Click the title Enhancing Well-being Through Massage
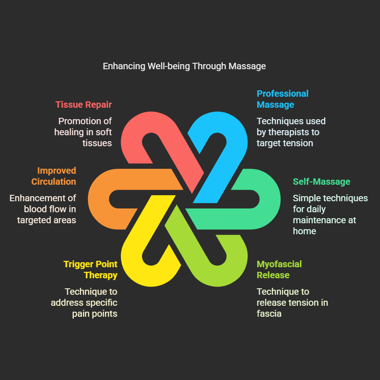click(x=184, y=66)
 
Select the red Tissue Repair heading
click(x=83, y=105)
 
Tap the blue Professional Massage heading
click(x=282, y=99)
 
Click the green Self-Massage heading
click(x=321, y=182)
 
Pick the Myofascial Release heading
click(x=279, y=270)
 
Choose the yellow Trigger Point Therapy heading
click(x=90, y=270)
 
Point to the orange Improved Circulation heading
click(x=54, y=176)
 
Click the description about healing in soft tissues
click(x=83, y=132)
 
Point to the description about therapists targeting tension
click(x=291, y=132)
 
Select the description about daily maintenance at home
click(x=330, y=215)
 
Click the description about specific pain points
click(x=91, y=303)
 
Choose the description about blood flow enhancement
click(x=43, y=209)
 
